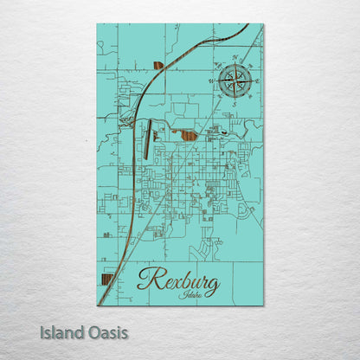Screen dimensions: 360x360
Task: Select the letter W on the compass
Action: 210,80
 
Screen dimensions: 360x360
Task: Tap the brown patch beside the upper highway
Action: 157,64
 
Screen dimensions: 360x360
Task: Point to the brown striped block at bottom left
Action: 106,282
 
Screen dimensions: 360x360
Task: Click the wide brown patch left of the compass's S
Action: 190,134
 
